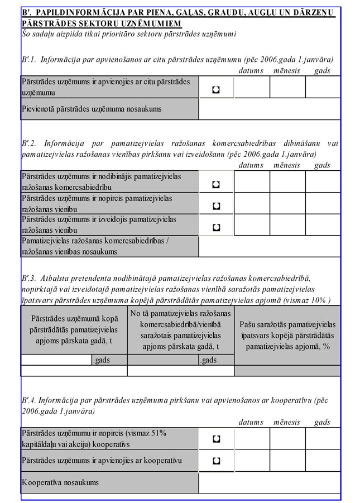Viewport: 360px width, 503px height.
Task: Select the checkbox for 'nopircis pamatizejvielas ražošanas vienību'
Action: click(x=216, y=205)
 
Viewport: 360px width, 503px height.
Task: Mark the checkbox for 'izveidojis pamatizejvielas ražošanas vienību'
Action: click(x=216, y=227)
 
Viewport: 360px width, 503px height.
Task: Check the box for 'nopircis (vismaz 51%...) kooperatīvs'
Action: click(x=216, y=439)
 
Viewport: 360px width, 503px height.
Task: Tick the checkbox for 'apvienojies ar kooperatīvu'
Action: click(x=216, y=461)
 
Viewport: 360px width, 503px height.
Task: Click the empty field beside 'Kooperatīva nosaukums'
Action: click(x=269, y=482)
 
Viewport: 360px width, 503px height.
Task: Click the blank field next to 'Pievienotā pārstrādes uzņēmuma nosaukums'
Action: click(x=269, y=109)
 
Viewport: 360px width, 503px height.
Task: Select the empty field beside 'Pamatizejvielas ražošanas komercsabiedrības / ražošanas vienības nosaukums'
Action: click(x=269, y=246)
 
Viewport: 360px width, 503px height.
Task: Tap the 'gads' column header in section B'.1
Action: click(x=322, y=71)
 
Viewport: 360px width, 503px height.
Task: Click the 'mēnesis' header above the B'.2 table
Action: click(x=286, y=165)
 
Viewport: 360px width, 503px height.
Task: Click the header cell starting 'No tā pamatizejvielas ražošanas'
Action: click(x=180, y=329)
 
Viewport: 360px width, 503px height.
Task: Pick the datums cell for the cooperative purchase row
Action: click(x=252, y=439)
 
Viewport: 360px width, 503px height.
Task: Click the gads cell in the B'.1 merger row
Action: click(x=323, y=88)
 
